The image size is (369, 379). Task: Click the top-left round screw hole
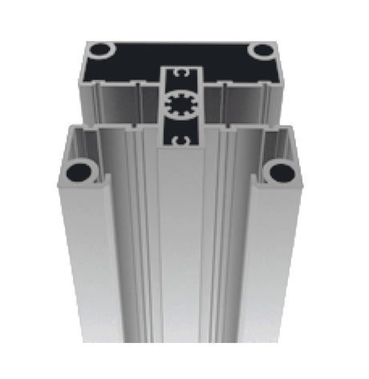tap(100, 50)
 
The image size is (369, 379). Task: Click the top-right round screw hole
tap(262, 50)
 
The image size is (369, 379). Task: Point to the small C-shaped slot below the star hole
tap(181, 140)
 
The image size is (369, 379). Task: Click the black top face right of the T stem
tap(233, 64)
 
